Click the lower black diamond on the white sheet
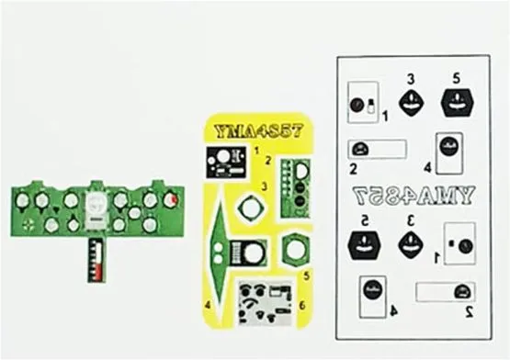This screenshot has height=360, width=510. pos(411,243)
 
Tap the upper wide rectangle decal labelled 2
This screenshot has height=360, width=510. pos(377,149)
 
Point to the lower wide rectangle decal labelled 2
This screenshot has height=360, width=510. pos(445,292)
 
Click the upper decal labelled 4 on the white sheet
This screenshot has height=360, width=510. pos(448,152)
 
